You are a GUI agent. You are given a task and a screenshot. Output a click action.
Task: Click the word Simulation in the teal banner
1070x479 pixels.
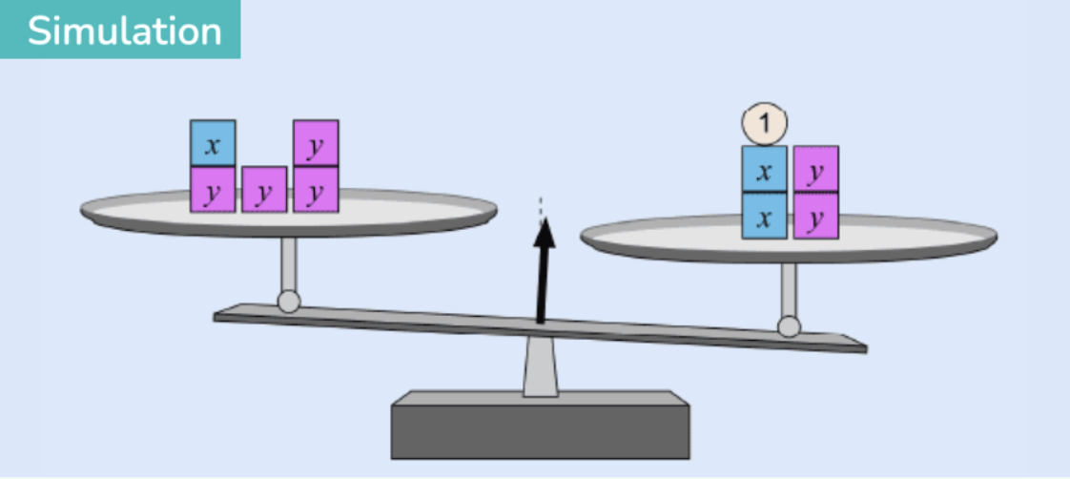pos(124,31)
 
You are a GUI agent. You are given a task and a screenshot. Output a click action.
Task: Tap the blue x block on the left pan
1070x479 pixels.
pos(213,142)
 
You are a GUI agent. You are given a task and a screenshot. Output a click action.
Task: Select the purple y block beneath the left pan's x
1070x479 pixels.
pos(213,189)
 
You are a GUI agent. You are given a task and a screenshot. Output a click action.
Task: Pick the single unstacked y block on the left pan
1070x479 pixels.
pos(264,189)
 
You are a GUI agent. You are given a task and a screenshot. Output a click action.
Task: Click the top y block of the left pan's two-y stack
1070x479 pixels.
pos(316,142)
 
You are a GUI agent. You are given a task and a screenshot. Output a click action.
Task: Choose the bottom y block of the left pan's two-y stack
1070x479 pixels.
pos(316,189)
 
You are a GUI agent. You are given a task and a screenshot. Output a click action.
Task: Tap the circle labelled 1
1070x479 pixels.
pos(764,123)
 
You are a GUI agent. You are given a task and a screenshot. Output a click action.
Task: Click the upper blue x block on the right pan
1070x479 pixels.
pos(764,169)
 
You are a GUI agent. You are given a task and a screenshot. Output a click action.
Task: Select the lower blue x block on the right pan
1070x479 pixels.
pos(764,216)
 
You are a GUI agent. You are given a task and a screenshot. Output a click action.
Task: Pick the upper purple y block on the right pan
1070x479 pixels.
pos(816,169)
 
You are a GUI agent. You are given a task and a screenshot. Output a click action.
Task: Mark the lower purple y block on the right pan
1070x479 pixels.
pos(816,216)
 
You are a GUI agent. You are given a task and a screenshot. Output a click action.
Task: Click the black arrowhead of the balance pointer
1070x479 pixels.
pos(545,234)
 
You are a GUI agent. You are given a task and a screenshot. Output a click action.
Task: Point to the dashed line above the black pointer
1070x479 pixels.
pos(541,210)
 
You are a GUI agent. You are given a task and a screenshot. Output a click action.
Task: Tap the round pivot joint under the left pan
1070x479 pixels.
pos(289,301)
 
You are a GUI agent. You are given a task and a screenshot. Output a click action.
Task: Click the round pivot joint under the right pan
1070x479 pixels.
pos(789,326)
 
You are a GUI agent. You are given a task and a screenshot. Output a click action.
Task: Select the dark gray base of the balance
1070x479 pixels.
pos(540,426)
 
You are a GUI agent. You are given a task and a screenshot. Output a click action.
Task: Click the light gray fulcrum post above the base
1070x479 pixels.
pos(541,367)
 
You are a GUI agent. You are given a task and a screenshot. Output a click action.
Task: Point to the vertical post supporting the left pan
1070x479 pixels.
pos(289,264)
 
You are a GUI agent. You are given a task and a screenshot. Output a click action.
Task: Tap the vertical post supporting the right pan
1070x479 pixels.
pos(789,289)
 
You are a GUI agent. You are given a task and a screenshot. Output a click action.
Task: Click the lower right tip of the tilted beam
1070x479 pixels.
pos(866,351)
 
